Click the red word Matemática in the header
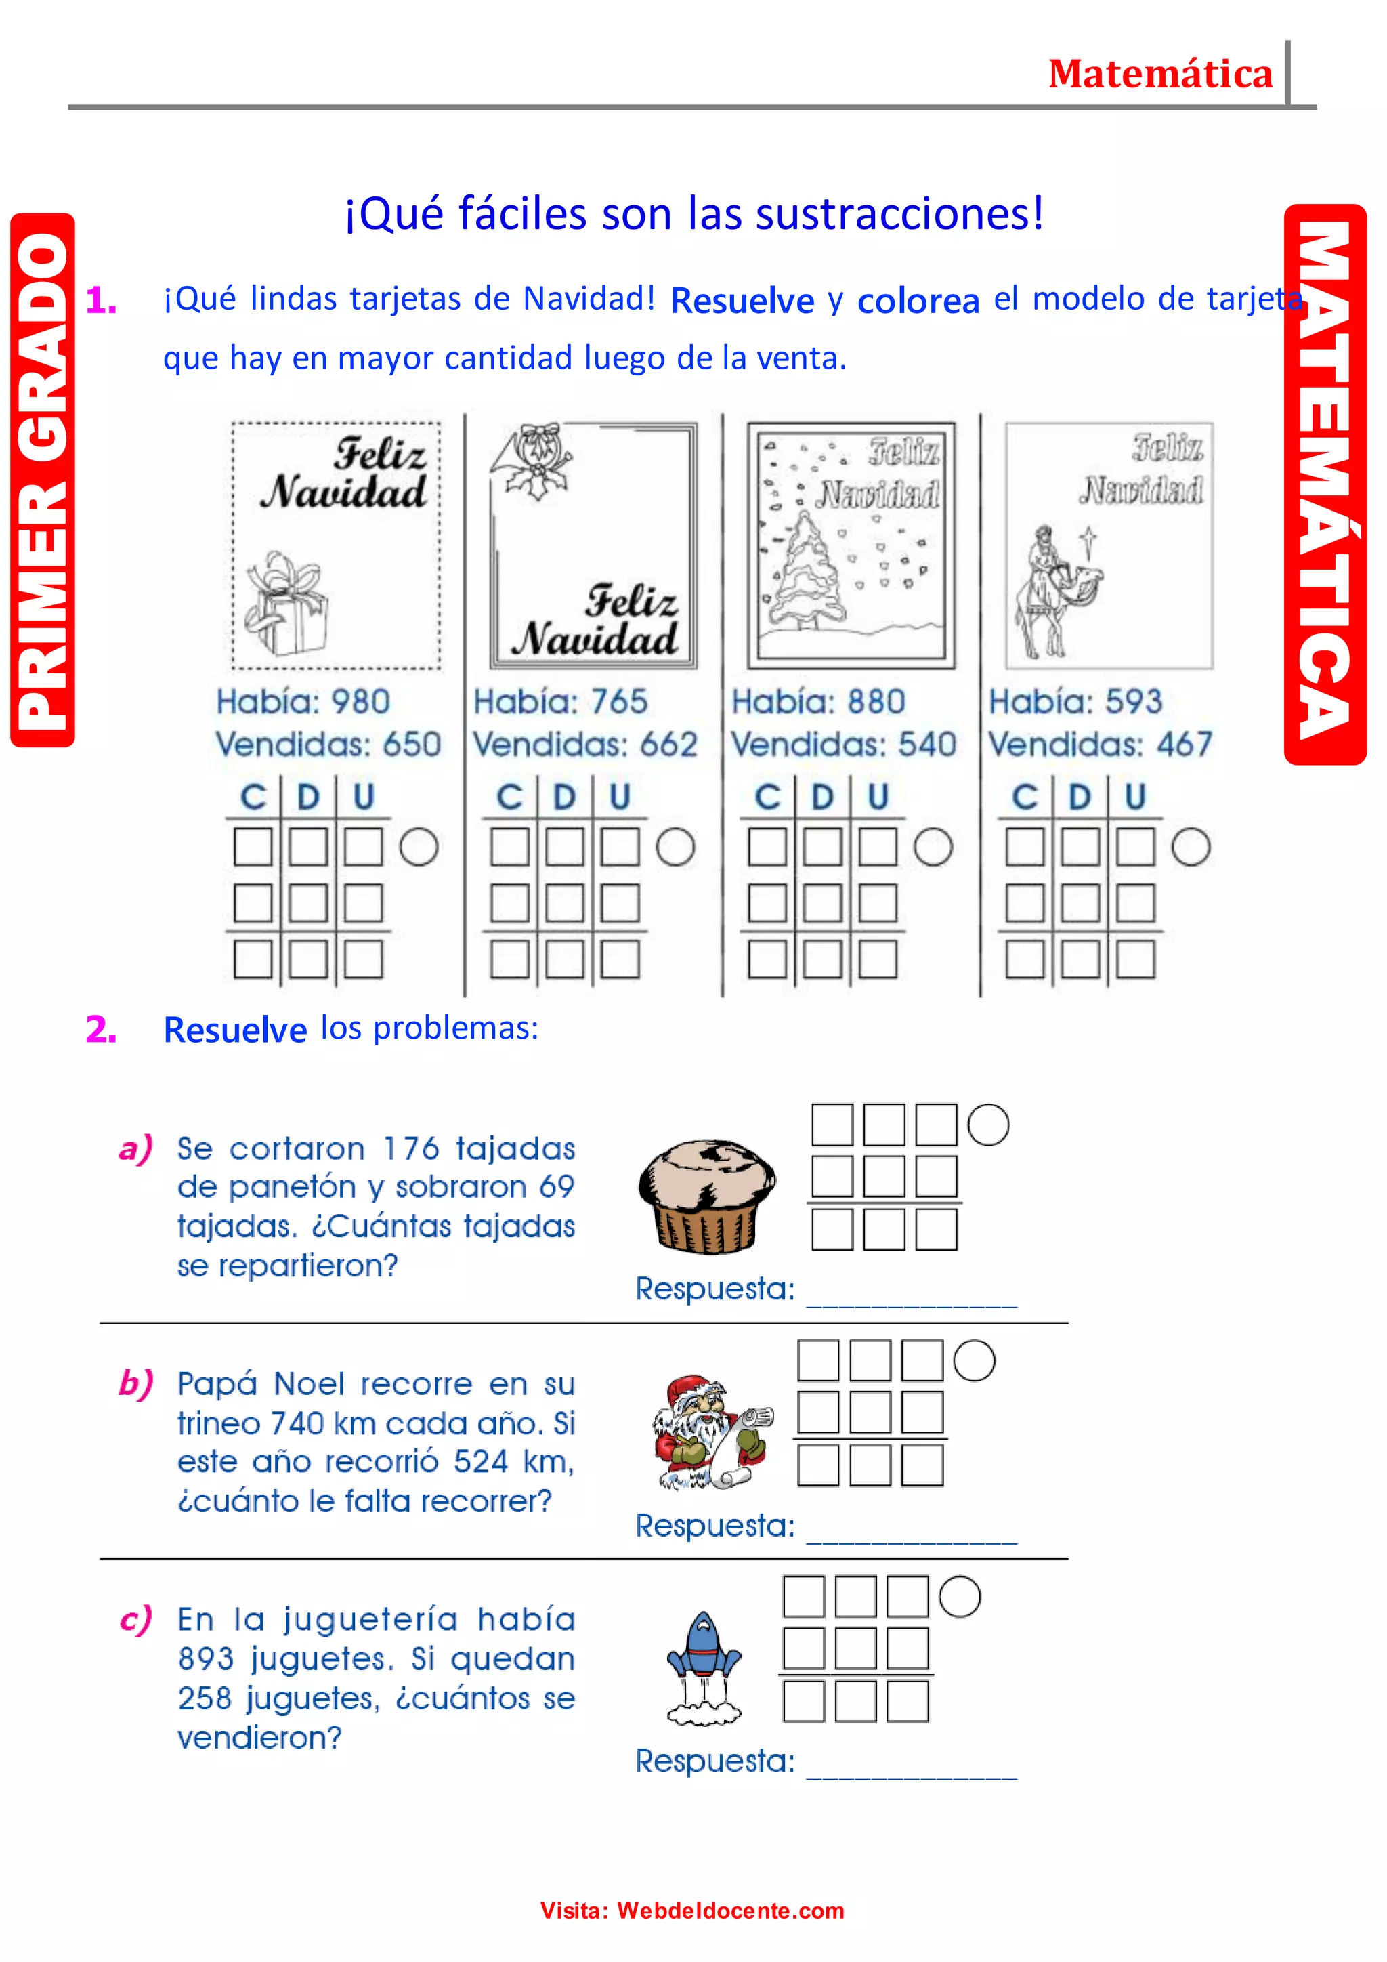[x=1160, y=75]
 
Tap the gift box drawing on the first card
[x=285, y=604]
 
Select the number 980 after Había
[x=360, y=703]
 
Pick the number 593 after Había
[x=1133, y=703]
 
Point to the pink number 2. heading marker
[x=101, y=1030]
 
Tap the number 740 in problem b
[x=297, y=1423]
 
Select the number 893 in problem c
[x=206, y=1658]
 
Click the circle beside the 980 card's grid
[x=419, y=847]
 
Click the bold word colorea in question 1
[x=918, y=301]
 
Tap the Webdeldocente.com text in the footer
[x=730, y=1911]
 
